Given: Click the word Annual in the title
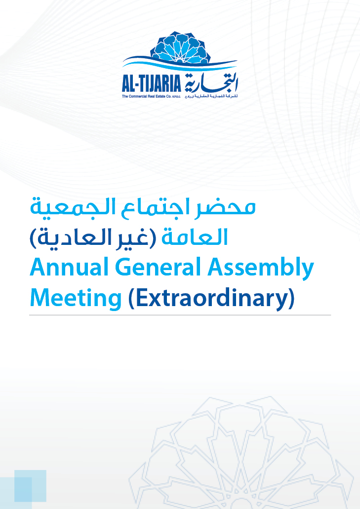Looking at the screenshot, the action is point(69,267).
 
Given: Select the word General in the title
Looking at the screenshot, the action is point(158,267).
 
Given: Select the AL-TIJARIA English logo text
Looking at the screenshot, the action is point(151,83).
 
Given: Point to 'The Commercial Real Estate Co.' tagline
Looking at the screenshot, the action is point(151,96).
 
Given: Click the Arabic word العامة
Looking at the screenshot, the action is point(195,237).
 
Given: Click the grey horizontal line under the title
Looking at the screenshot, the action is point(180,315).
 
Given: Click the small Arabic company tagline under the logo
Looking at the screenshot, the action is point(211,96).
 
